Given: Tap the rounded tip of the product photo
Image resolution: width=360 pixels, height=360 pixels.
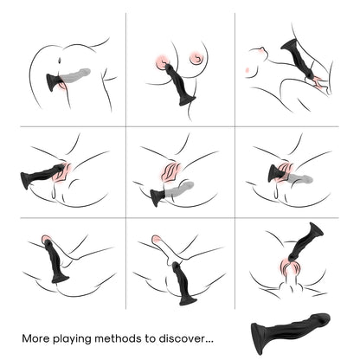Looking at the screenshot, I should tap(323, 319).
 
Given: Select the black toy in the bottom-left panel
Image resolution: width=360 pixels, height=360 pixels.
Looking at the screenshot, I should tap(56, 261).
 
